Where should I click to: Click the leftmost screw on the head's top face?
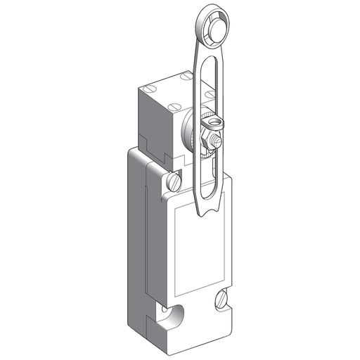(x=149, y=91)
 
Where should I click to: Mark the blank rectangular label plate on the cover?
(x=200, y=246)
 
